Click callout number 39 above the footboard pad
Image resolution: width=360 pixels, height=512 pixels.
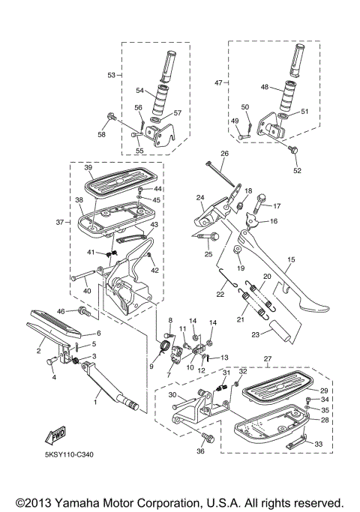coord(88,167)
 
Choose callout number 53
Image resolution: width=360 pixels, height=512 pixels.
coord(111,75)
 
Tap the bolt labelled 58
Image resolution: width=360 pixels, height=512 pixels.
coord(112,116)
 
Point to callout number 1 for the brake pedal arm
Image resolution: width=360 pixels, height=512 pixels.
coord(95,403)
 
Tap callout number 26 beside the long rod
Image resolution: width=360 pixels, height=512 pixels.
coord(224,153)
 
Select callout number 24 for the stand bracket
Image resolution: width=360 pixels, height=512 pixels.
coord(200,198)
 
